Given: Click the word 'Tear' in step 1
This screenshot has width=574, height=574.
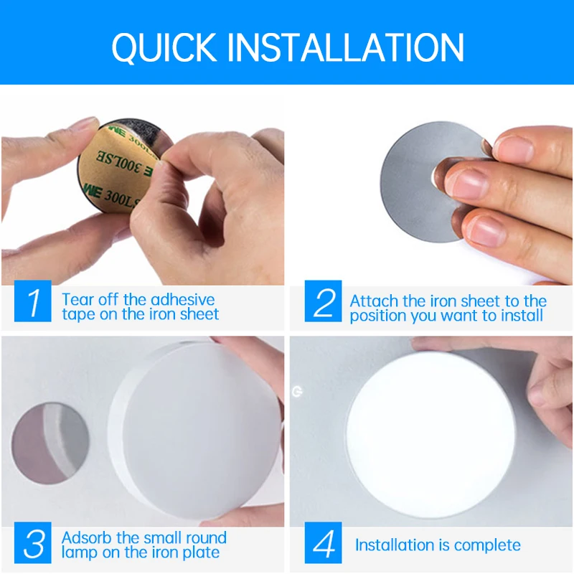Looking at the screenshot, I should [77, 299].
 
